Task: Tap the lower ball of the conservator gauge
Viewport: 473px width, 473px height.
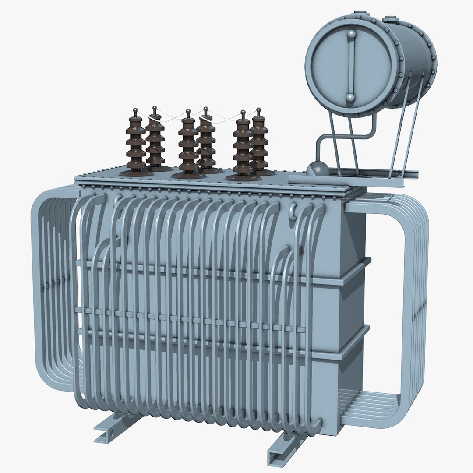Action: [350, 97]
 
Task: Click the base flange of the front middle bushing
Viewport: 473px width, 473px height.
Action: [188, 175]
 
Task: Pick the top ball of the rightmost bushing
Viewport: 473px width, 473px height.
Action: [258, 110]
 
